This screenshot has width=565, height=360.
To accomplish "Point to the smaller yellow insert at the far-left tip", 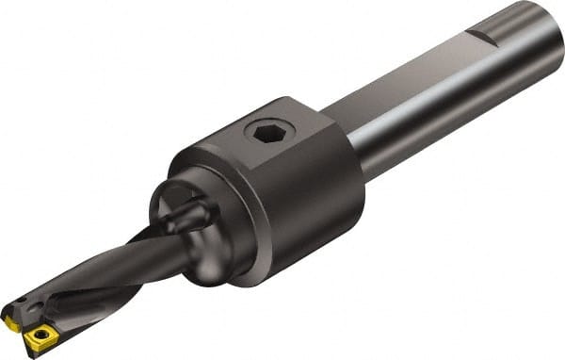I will point(11,322).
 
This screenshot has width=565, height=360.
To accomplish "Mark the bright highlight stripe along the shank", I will point(424,94).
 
